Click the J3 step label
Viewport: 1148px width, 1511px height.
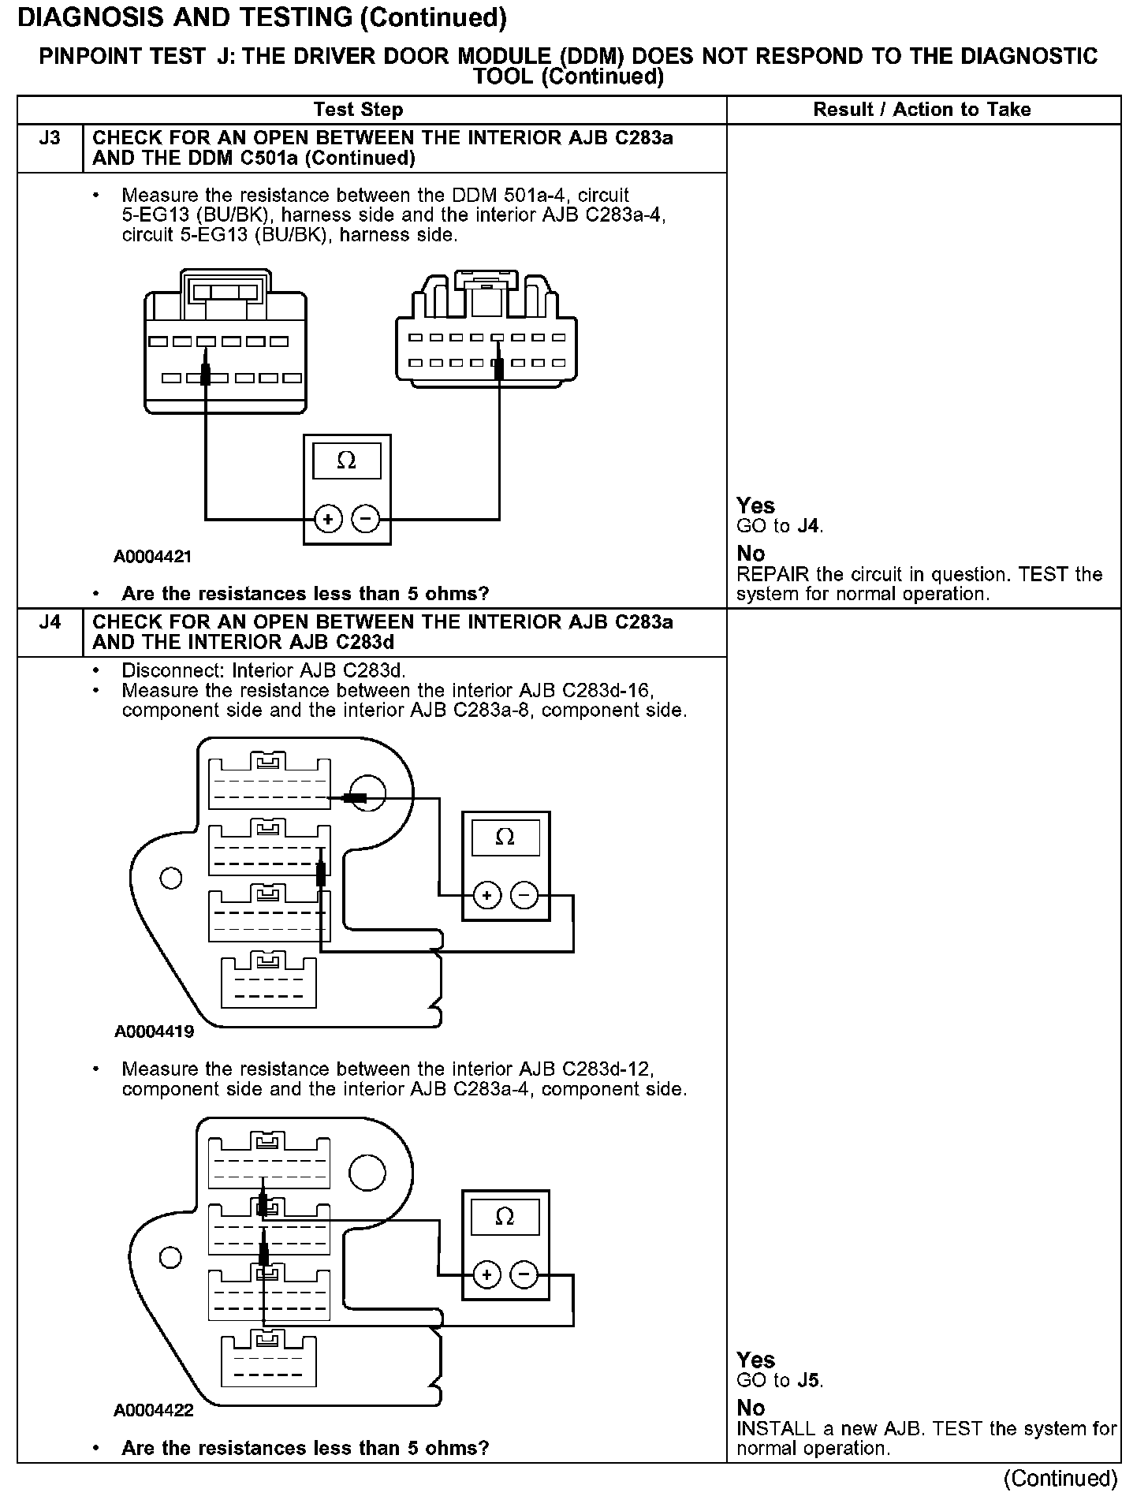(49, 139)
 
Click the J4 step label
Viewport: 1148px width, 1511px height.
(49, 623)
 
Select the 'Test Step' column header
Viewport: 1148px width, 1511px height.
(358, 110)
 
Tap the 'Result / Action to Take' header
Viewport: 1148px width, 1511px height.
(922, 110)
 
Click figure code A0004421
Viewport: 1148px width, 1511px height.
(153, 557)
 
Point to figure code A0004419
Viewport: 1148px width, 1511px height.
(154, 1031)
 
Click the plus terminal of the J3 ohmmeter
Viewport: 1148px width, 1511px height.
(327, 519)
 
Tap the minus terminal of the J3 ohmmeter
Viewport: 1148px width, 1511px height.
(365, 519)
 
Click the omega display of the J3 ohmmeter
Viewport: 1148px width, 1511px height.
(347, 461)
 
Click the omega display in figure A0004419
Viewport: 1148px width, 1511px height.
(505, 837)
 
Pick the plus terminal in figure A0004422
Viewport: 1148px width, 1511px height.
(486, 1274)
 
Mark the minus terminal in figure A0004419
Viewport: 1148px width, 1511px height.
(524, 895)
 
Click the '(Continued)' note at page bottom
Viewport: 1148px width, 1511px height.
(1061, 1478)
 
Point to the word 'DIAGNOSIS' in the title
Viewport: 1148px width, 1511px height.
(86, 17)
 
